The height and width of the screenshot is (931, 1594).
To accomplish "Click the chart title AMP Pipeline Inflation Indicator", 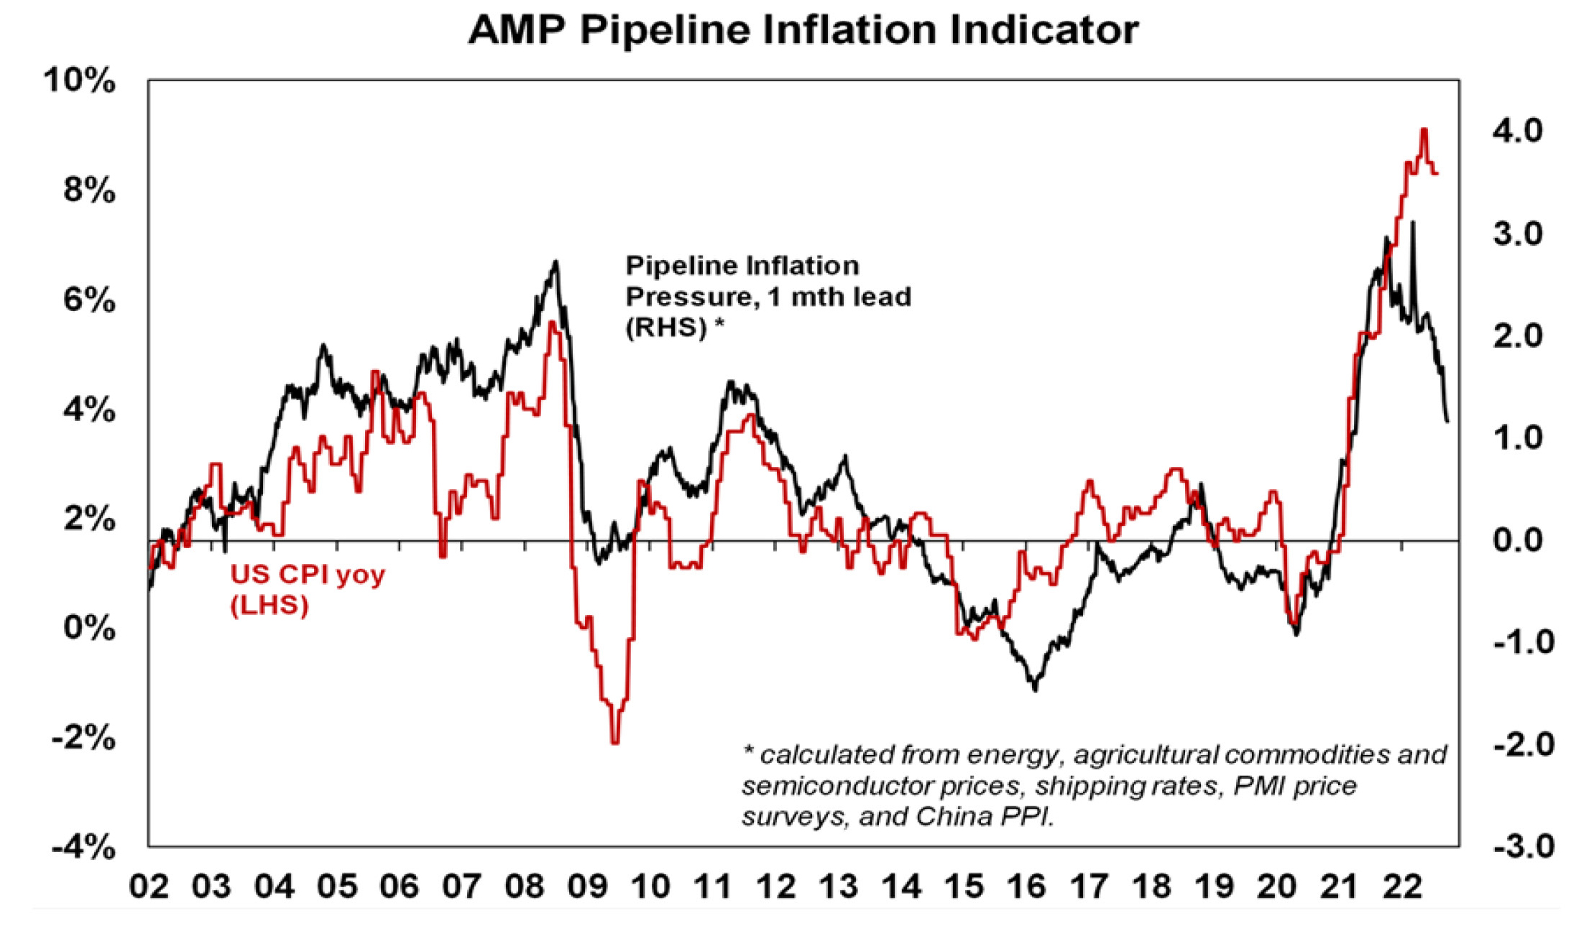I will [803, 30].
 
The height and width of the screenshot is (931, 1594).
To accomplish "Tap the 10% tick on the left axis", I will [79, 80].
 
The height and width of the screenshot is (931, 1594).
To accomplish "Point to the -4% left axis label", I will [83, 848].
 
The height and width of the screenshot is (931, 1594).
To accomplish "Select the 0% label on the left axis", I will [89, 629].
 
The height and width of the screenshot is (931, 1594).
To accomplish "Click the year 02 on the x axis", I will [149, 887].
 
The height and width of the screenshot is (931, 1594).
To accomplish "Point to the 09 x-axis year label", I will [586, 887].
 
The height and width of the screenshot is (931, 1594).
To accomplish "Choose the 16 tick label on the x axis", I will [1026, 887].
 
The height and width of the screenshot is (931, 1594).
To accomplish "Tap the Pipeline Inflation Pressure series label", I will [768, 296].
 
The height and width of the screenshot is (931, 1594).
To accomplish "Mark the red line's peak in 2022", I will [1423, 130].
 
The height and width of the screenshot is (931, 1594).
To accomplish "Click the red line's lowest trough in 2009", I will [614, 742].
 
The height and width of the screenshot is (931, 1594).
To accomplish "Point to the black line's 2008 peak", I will [556, 261].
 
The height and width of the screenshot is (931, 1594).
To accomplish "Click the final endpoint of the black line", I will [1447, 421].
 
